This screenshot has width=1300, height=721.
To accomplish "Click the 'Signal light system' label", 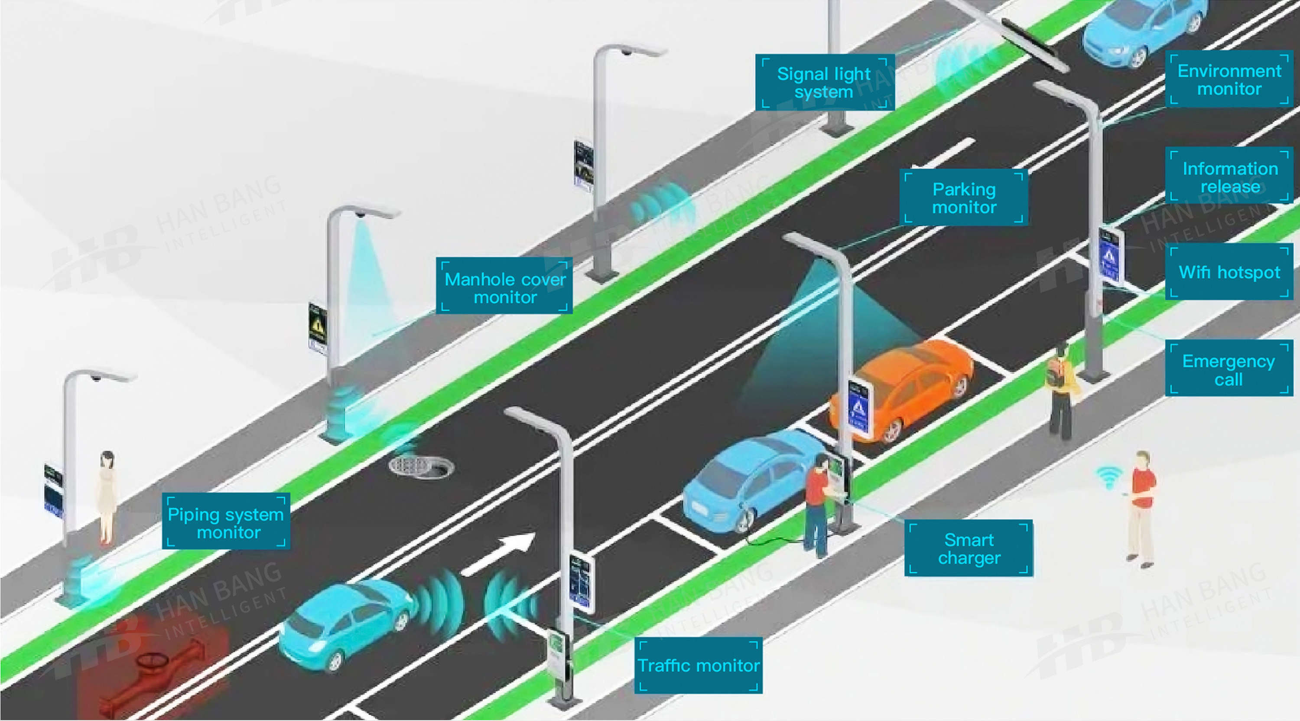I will [824, 82].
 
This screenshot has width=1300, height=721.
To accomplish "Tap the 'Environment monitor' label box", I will [1229, 80].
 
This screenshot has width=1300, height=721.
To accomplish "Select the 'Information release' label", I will [1229, 177].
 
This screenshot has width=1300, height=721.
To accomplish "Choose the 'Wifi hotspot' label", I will [1229, 273].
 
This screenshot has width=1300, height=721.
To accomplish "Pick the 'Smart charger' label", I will [968, 548].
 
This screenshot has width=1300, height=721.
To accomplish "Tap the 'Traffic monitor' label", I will [698, 666].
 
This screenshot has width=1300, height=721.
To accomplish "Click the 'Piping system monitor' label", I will [226, 522].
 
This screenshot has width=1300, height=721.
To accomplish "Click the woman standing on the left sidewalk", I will [107, 497].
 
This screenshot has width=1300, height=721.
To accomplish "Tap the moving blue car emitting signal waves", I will [348, 623].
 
